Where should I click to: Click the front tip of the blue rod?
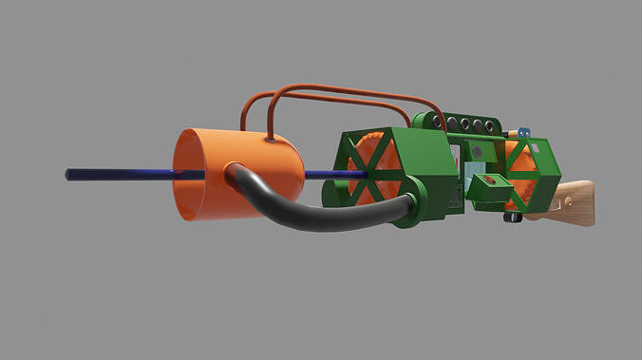point(68,175)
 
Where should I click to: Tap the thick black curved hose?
point(323,214)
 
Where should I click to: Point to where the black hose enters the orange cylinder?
point(234,172)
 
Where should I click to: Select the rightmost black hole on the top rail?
point(489,125)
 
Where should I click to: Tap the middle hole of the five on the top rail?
point(464,123)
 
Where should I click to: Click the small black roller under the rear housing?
point(514,218)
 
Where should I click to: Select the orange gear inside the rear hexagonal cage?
point(521,172)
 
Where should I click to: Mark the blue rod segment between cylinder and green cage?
point(323,175)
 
